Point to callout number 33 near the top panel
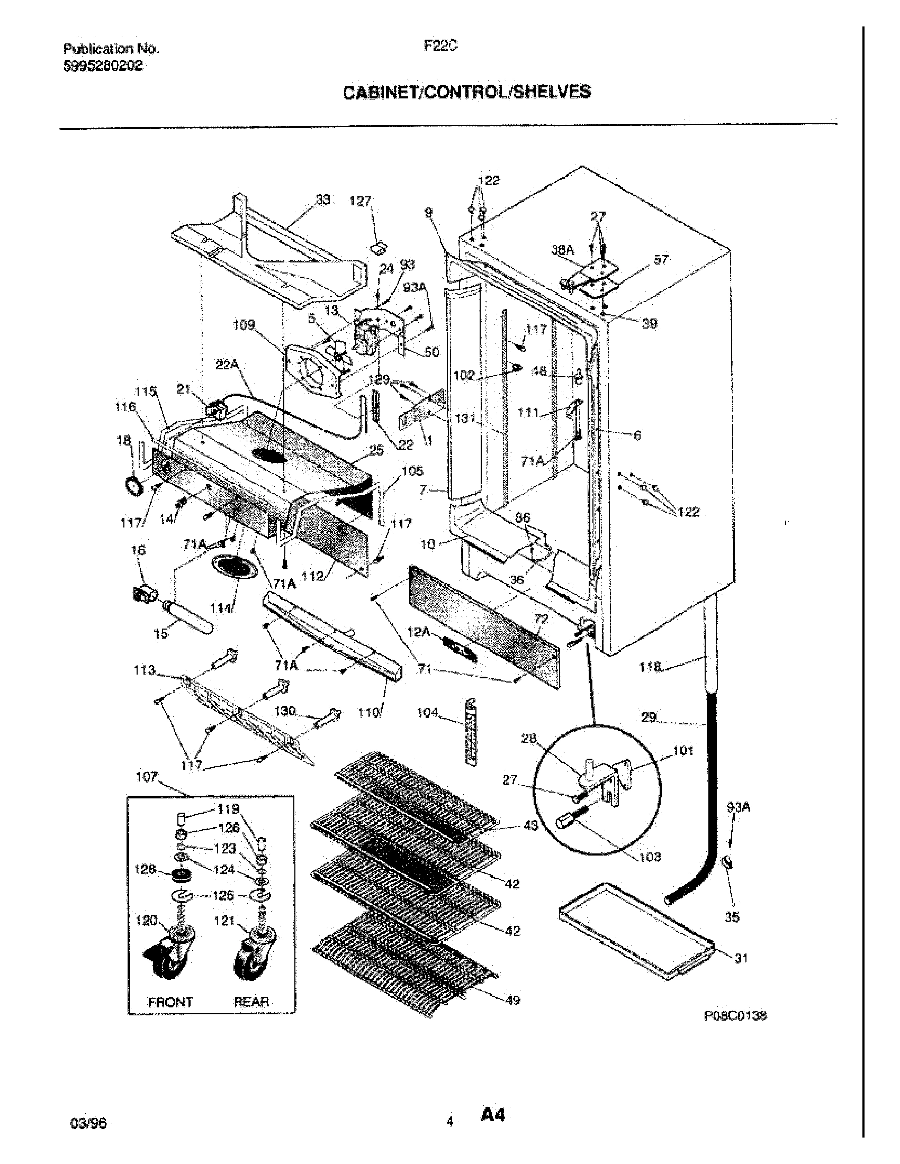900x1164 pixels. click(322, 200)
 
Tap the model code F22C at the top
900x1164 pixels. click(440, 47)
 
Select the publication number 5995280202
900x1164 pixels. click(103, 66)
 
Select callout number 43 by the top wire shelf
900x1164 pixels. click(530, 826)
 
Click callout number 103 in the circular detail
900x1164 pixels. click(650, 857)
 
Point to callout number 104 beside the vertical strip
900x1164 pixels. click(428, 712)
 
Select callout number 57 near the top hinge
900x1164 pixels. click(661, 260)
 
